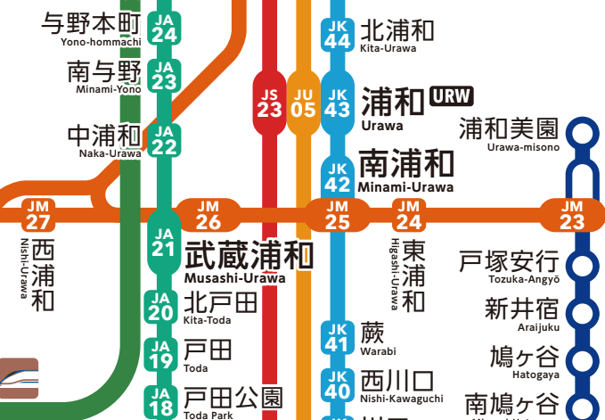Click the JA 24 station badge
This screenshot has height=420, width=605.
point(163,29)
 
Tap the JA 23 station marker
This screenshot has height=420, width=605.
point(163,75)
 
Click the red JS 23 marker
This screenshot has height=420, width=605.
point(269,102)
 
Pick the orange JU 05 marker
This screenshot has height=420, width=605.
point(304,102)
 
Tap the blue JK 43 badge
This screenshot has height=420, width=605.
point(338,102)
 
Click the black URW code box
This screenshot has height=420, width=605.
point(451,96)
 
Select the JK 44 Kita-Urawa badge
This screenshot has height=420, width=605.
point(338,34)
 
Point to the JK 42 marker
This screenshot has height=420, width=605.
point(338,177)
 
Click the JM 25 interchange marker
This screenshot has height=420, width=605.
point(338,215)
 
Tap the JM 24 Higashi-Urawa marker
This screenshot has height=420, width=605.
point(409,215)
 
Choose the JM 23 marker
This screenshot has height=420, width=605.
point(572,215)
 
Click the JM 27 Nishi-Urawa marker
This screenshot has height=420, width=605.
point(38,215)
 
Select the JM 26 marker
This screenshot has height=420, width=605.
point(208,215)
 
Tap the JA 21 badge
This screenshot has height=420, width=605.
point(163,242)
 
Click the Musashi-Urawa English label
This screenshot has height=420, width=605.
point(234,278)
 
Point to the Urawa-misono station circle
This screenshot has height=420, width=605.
point(584,135)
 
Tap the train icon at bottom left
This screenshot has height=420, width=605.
point(20,377)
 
